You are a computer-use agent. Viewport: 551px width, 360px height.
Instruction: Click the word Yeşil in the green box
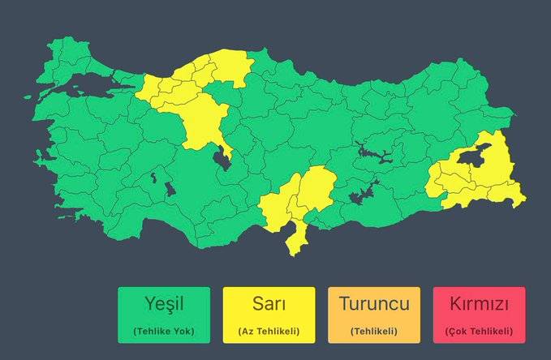click(x=163, y=306)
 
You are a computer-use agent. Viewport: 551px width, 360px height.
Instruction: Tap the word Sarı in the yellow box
click(x=269, y=306)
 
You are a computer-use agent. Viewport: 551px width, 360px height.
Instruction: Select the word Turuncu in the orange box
click(x=373, y=305)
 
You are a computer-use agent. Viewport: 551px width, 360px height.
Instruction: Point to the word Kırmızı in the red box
click(x=479, y=306)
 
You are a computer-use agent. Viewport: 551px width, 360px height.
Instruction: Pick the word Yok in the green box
click(x=183, y=331)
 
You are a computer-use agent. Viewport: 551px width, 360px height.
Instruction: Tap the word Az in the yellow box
click(x=247, y=331)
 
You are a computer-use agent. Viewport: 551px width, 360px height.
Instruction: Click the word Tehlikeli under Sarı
click(x=276, y=331)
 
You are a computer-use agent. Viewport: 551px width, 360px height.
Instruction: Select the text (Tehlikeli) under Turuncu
click(x=373, y=331)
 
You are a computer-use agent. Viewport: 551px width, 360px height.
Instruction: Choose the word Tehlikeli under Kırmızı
click(x=489, y=331)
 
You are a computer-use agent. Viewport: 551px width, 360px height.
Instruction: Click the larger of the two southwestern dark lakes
click(x=170, y=189)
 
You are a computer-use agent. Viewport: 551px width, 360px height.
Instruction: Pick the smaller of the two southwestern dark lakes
click(x=153, y=175)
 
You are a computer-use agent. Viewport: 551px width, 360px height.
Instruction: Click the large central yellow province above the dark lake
click(x=205, y=119)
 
